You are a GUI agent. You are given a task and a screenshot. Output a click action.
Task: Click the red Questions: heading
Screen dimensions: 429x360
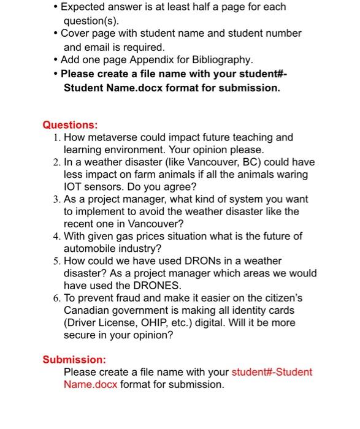70,125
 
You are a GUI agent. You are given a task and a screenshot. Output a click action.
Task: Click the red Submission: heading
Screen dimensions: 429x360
74,359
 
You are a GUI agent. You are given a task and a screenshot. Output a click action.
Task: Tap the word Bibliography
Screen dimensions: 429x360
221,59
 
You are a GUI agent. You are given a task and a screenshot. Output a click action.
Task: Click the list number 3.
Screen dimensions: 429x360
56,199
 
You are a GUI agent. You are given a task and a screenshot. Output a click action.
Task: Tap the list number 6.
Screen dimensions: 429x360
56,298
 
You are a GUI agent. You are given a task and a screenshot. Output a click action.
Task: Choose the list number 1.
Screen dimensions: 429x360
56,137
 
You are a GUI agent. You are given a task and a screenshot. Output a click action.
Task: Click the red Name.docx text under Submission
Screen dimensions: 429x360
91,384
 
